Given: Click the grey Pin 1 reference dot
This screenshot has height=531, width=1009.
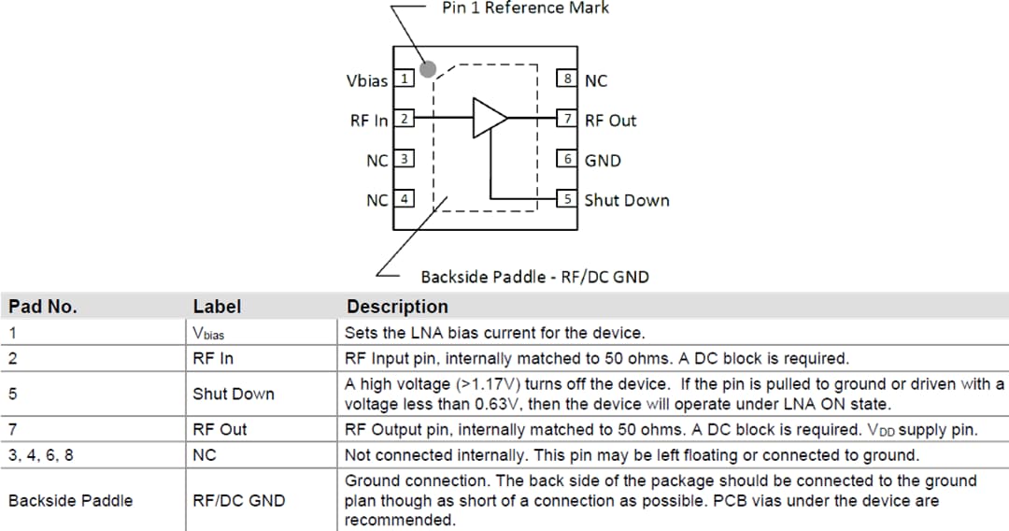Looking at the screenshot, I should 428,68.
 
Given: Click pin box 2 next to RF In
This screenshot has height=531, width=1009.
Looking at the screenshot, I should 404,119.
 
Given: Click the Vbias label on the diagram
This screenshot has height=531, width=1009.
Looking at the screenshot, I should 366,80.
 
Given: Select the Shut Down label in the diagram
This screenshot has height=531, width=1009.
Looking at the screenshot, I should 626,200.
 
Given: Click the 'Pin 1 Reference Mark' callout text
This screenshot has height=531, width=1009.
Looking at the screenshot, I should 525,7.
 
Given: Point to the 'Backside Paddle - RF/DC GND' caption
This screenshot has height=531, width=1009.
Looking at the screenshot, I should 534,277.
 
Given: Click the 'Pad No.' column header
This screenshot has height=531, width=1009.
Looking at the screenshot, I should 43,307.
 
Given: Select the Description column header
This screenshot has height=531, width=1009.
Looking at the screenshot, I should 397,307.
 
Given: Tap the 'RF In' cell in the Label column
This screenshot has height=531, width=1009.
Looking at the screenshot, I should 213,358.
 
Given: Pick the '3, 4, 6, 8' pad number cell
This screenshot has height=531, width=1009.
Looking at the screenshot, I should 40,455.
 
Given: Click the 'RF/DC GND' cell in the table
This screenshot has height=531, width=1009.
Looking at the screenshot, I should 238,500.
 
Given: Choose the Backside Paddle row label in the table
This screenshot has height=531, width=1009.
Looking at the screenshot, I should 70,500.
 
